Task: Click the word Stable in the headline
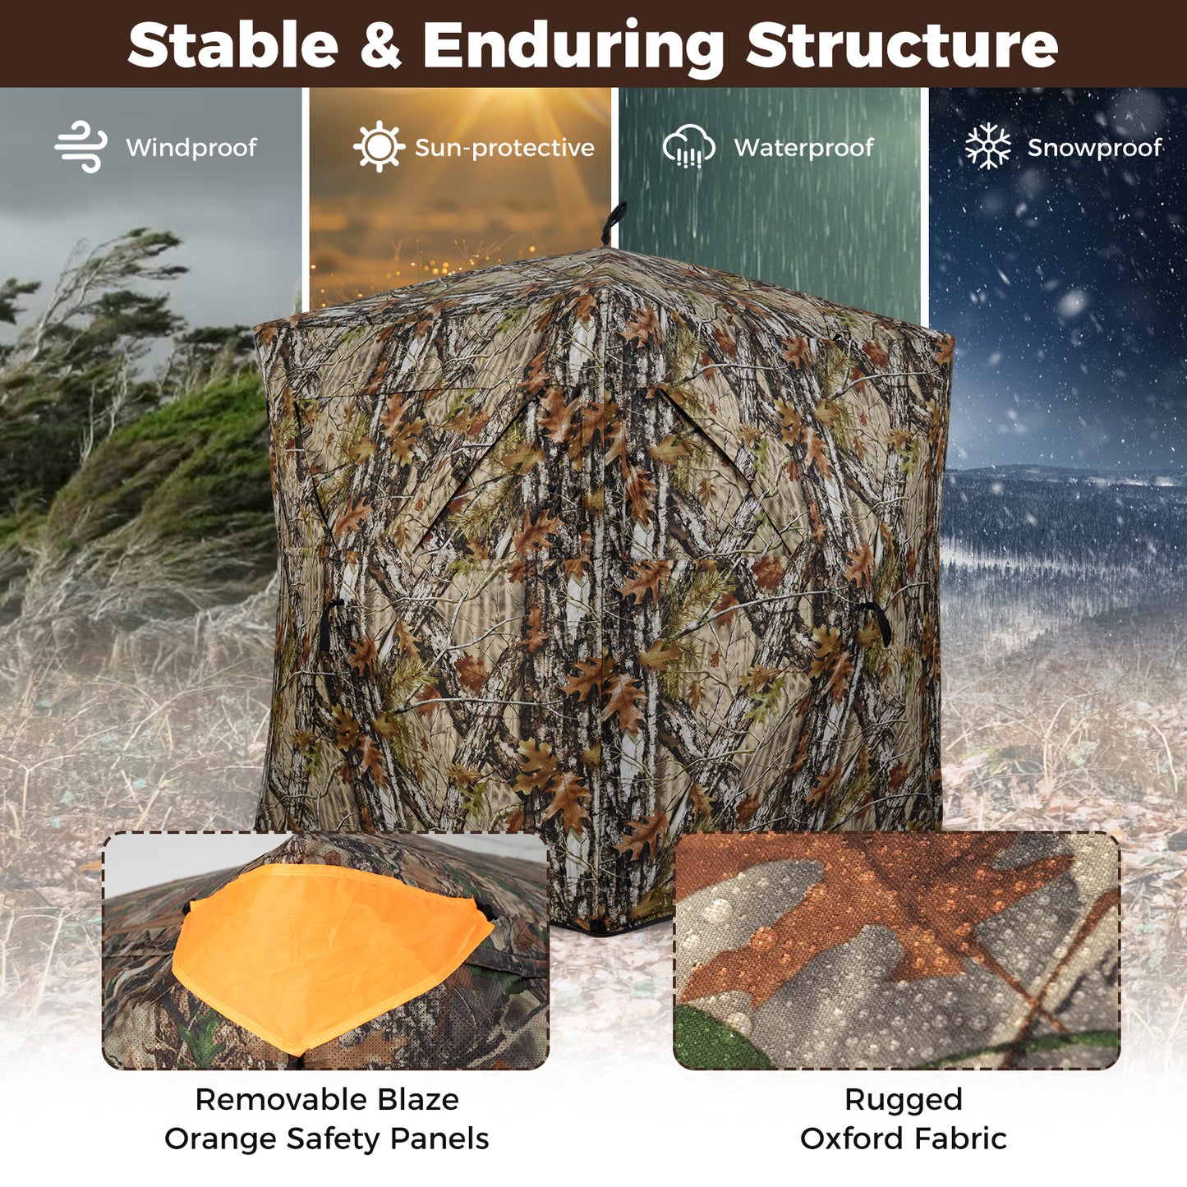click(x=232, y=45)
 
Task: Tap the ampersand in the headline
click(x=380, y=45)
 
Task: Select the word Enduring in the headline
click(x=573, y=47)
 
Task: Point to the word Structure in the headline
click(x=902, y=45)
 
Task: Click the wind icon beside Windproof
click(x=81, y=147)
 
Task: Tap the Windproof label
click(x=191, y=148)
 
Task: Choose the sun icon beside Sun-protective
click(x=379, y=147)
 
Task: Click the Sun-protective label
click(x=504, y=148)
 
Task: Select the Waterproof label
click(x=803, y=148)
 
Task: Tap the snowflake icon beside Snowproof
click(x=987, y=147)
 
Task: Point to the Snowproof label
click(x=1095, y=148)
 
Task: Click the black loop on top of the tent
click(x=612, y=222)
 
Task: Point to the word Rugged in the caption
click(x=903, y=1099)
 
